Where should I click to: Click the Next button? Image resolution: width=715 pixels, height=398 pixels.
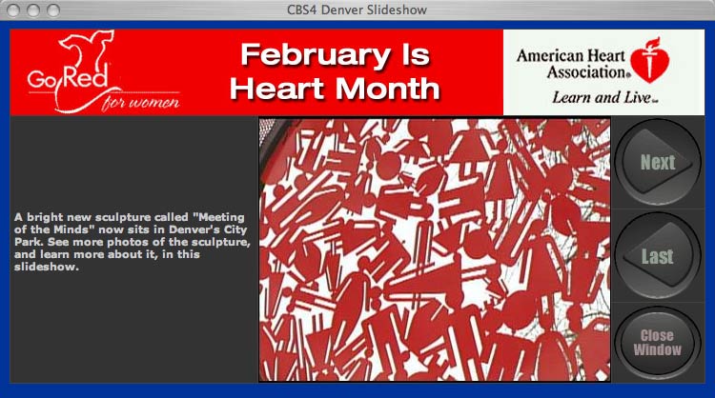[658, 162]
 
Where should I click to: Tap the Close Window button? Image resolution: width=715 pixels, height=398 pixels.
[658, 343]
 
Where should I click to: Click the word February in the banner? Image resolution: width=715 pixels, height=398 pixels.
[316, 55]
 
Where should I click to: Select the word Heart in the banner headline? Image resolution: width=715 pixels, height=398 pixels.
[277, 89]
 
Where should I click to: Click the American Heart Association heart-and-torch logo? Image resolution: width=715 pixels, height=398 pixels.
[650, 60]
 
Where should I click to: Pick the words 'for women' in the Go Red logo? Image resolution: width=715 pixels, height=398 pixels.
[141, 102]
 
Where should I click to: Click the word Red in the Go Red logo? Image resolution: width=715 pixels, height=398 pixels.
[86, 76]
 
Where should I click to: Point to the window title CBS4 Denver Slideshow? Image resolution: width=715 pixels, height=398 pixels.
[357, 10]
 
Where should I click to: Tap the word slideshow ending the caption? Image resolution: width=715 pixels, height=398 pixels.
[46, 267]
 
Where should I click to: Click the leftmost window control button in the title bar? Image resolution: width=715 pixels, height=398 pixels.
[13, 10]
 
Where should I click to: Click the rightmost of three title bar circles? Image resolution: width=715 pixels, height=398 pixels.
[53, 10]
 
